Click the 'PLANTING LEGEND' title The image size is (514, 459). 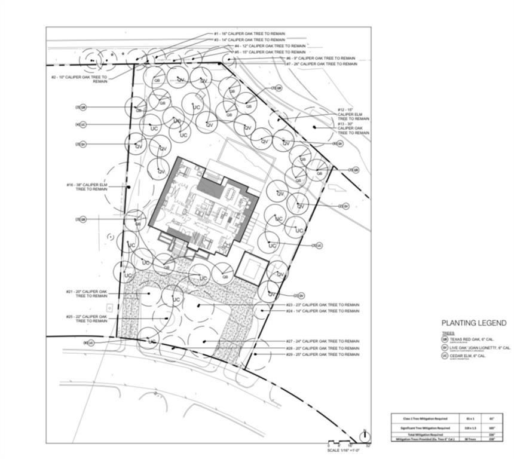[473, 323]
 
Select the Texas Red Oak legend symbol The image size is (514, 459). [445, 339]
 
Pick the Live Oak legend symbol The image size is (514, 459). [445, 347]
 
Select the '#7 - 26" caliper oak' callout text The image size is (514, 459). [321, 63]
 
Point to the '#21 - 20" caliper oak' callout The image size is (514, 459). [87, 293]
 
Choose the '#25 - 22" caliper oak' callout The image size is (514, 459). [87, 319]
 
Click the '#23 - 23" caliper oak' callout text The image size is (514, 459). [323, 305]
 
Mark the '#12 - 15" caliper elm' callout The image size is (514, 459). [353, 114]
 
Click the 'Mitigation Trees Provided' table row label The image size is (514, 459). [418, 439]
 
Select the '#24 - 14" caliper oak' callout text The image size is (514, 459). [323, 311]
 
